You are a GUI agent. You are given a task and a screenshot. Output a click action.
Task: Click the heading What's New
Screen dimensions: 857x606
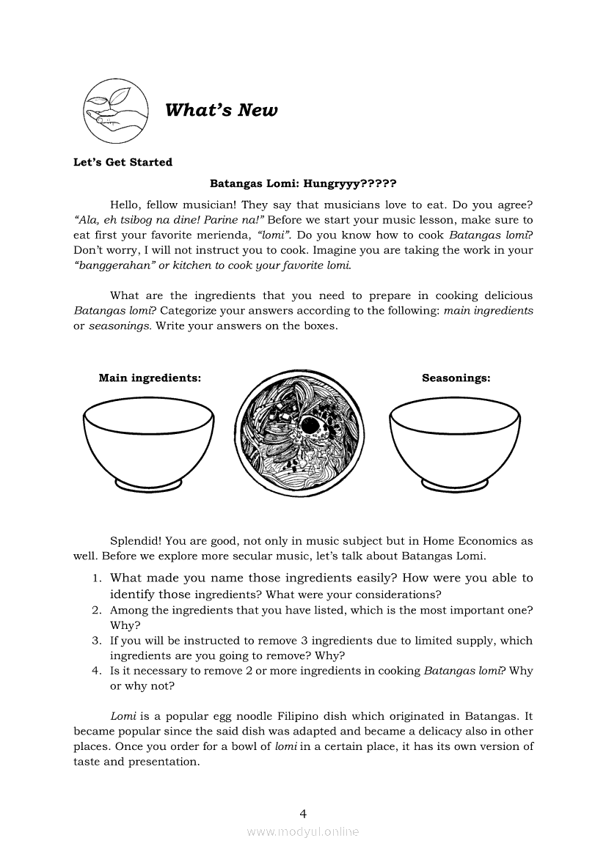tap(222, 111)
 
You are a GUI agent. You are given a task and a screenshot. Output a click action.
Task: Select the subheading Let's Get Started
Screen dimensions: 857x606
tap(123, 162)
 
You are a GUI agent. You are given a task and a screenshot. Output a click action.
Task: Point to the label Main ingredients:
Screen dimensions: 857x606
tap(150, 378)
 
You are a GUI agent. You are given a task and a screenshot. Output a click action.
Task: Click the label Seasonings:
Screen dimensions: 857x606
tap(456, 378)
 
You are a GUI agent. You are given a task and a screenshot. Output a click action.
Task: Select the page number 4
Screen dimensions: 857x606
tap(303, 813)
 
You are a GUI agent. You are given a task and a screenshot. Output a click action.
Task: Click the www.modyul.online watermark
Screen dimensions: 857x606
tap(303, 832)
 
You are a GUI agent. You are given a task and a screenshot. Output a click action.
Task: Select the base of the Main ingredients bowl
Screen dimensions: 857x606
tap(149, 485)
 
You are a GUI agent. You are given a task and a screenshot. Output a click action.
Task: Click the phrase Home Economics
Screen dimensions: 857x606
tap(470, 541)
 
